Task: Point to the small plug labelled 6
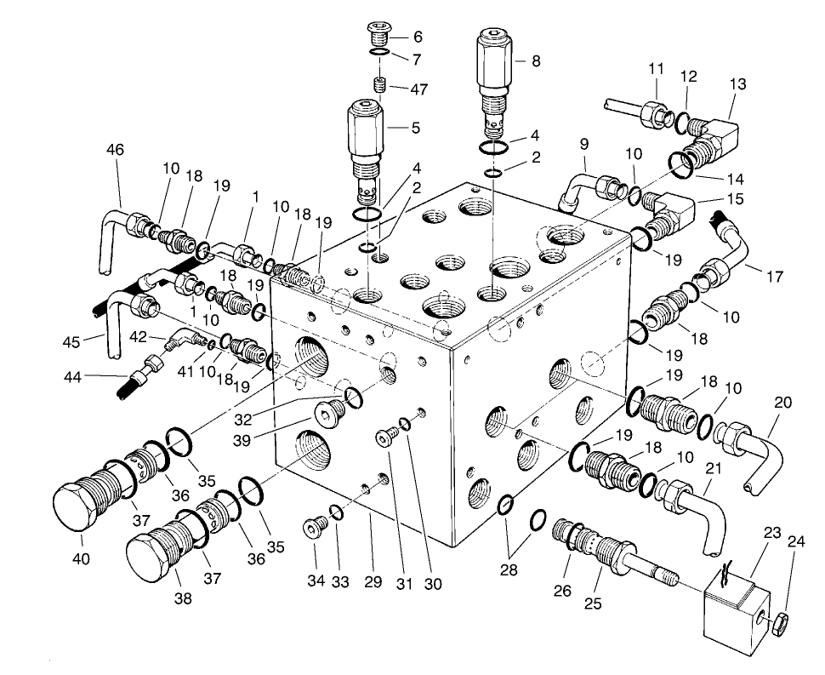pyautogui.click(x=379, y=35)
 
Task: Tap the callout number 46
pyautogui.click(x=115, y=150)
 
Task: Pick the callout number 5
pyautogui.click(x=415, y=129)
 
